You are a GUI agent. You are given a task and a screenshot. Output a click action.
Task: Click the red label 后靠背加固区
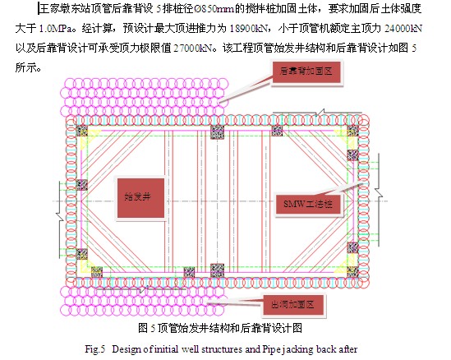pyautogui.click(x=306, y=72)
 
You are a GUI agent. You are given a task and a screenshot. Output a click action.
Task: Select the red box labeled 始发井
pyautogui.click(x=140, y=198)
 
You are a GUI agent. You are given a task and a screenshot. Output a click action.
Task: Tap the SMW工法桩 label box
pyautogui.click(x=308, y=205)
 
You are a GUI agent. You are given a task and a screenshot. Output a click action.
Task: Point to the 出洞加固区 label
pyautogui.click(x=292, y=304)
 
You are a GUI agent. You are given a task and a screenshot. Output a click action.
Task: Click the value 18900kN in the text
pyautogui.click(x=249, y=29)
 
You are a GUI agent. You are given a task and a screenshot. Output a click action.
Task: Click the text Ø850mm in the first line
pyautogui.click(x=214, y=9)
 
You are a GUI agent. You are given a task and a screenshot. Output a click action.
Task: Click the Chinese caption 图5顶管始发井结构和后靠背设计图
pyautogui.click(x=220, y=328)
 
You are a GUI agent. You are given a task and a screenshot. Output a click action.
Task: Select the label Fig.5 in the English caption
pyautogui.click(x=95, y=349)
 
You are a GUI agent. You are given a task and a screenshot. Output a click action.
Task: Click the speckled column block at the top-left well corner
pyautogui.click(x=81, y=131)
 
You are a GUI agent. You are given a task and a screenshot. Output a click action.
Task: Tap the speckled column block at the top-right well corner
pyautogui.click(x=352, y=131)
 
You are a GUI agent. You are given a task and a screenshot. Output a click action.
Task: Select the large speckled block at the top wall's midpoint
pyautogui.click(x=217, y=132)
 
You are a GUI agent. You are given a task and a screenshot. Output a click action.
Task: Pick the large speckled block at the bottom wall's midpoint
pyautogui.click(x=217, y=270)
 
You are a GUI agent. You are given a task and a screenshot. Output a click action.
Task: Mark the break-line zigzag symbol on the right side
pyautogui.click(x=379, y=200)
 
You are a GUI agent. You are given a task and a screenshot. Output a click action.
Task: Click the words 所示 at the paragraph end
pyautogui.click(x=25, y=68)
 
